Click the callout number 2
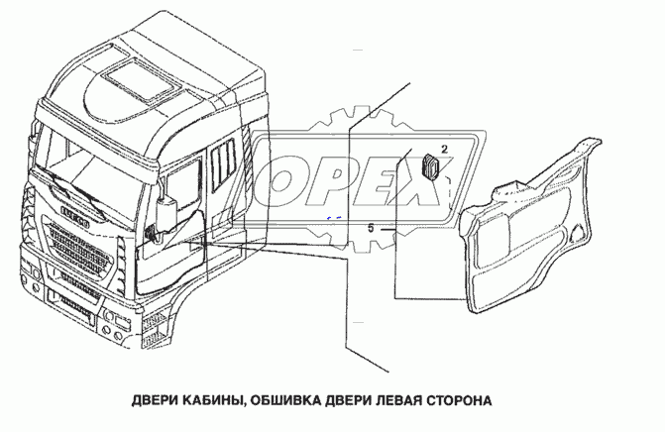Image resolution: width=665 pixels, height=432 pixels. (444, 148)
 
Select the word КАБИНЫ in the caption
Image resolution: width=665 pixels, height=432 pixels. (216, 402)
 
